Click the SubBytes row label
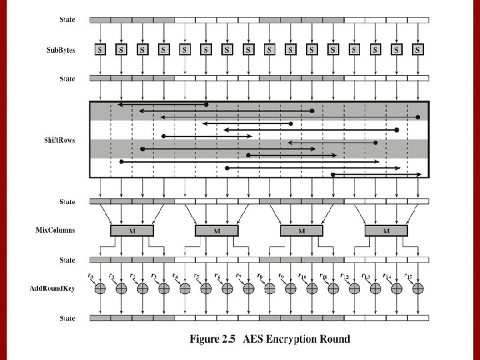point(61,50)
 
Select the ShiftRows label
point(59,140)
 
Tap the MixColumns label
point(55,230)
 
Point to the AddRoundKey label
point(53,289)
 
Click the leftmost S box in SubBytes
point(100,49)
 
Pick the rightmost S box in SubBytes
point(418,49)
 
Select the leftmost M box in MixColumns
point(132,231)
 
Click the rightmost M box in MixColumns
point(386,231)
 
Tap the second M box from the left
point(217,231)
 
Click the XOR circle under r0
point(100,289)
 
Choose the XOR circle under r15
point(418,289)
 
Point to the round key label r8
point(259,276)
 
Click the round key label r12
point(345,276)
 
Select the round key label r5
point(196,276)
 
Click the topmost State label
point(67,19)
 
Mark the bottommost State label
point(67,319)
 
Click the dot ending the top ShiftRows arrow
point(206,105)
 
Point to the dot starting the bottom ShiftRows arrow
point(333,175)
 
